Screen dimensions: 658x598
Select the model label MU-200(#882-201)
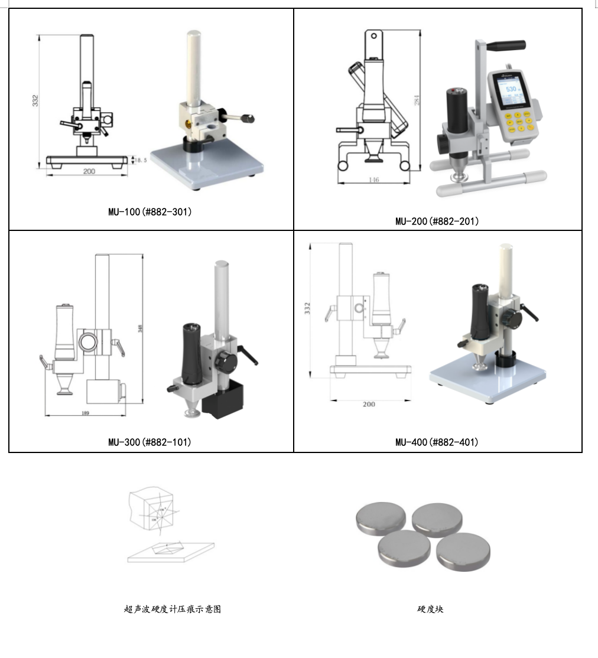coord(437,221)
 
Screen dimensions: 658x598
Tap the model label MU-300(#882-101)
coord(149,442)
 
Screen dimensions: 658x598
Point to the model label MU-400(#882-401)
coord(437,442)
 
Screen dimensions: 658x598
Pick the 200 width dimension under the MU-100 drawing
coord(89,171)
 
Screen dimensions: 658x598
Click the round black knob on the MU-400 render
coord(512,320)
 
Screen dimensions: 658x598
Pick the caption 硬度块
coord(430,609)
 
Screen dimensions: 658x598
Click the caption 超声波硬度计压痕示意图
coord(173,609)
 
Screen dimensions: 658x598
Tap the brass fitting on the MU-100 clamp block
coord(188,123)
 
